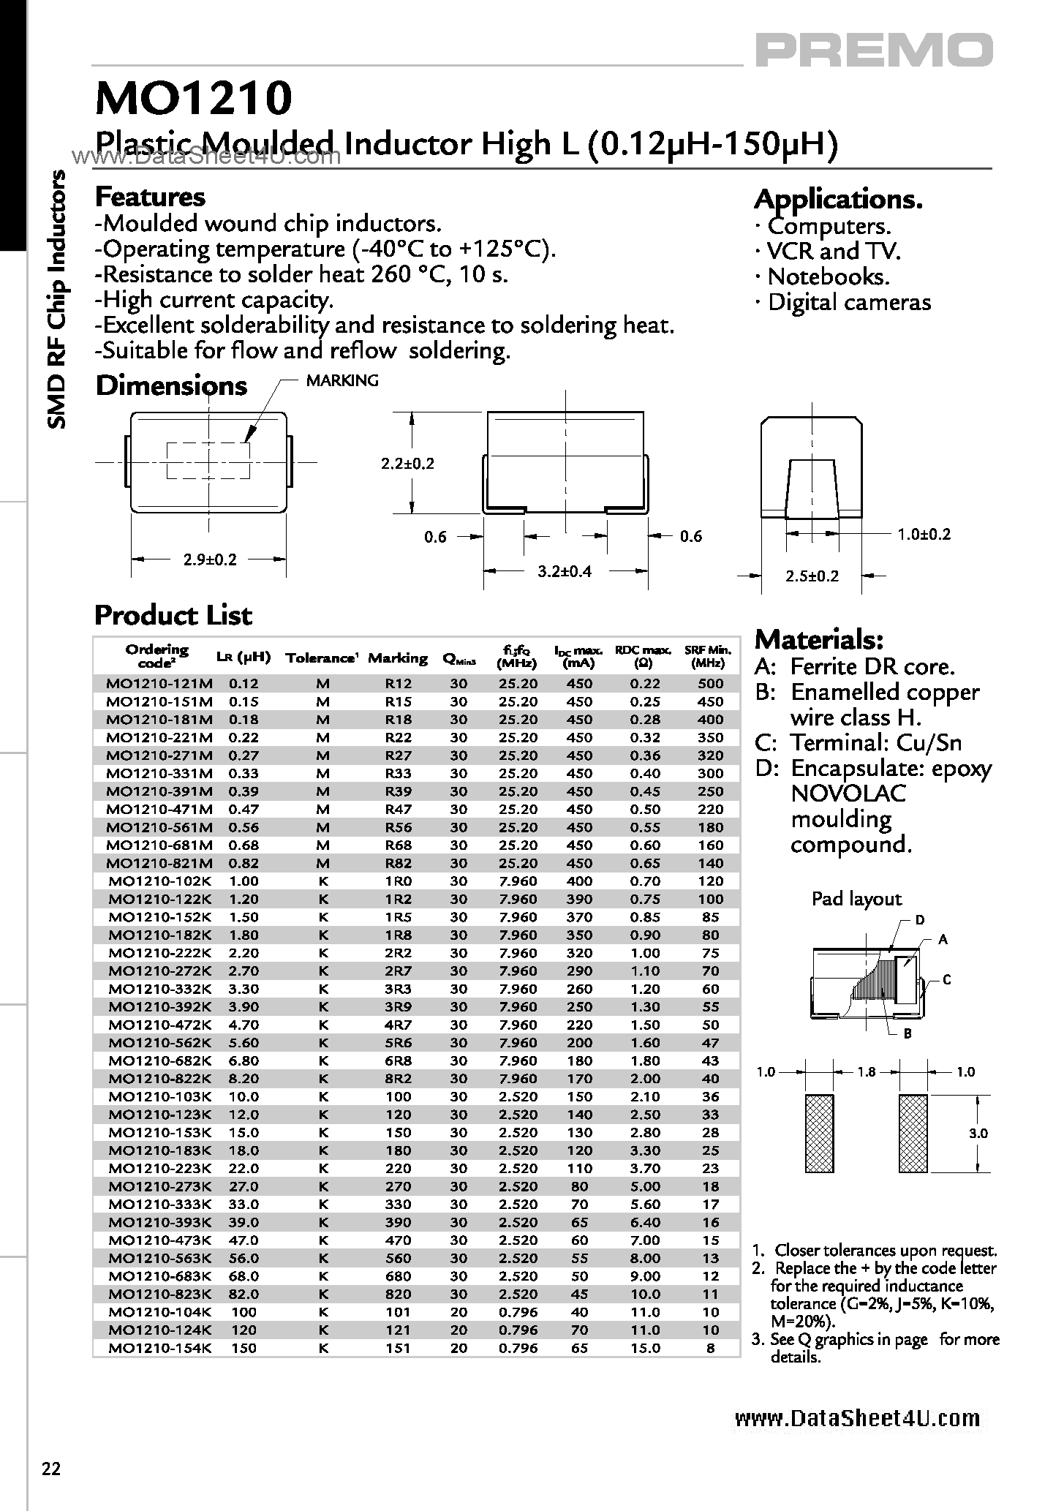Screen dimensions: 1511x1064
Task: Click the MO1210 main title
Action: [194, 99]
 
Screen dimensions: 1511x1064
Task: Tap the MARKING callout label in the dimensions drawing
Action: [342, 380]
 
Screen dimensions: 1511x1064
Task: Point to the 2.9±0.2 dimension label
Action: [209, 559]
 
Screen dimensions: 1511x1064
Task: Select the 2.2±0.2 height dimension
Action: [407, 464]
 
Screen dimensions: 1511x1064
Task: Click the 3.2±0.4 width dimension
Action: [564, 571]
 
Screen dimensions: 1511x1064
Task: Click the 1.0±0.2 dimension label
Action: [924, 535]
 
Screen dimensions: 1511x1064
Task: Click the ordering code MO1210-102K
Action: [160, 881]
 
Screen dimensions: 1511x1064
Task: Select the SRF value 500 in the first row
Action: [710, 684]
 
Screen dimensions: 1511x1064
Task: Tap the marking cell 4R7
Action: [398, 1025]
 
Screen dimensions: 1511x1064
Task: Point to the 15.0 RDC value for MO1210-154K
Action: [645, 1347]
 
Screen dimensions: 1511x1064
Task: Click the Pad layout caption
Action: [856, 899]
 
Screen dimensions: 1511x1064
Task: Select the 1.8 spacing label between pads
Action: [866, 1071]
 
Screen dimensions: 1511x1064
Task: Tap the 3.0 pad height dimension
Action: [978, 1133]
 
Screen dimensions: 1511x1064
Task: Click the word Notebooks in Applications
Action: [828, 276]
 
